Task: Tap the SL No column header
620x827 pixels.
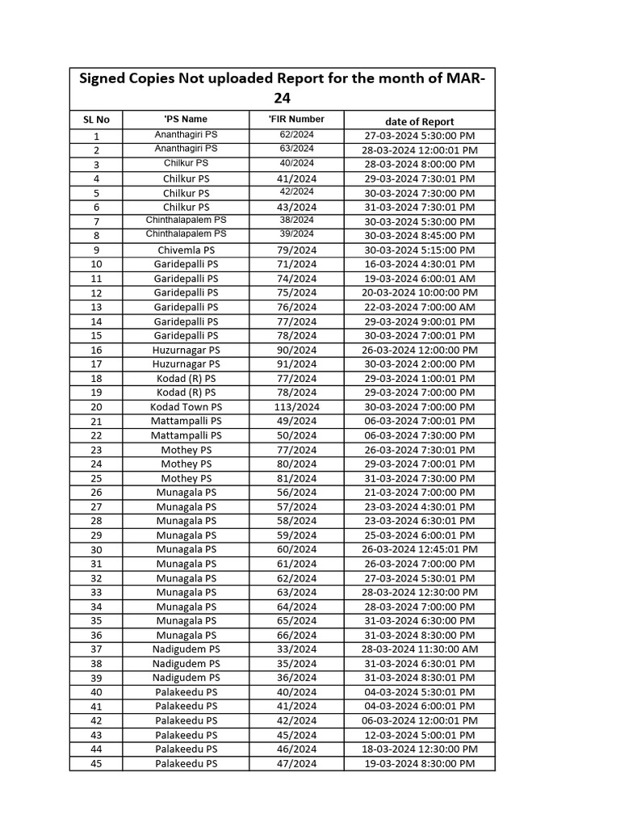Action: (96, 120)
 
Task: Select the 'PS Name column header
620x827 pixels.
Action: (186, 119)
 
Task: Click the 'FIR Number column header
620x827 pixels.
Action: (296, 119)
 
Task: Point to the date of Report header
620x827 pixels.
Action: (419, 120)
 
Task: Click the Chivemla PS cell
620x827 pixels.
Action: (186, 250)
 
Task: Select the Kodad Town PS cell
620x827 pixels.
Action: (186, 407)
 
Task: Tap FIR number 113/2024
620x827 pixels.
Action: (296, 407)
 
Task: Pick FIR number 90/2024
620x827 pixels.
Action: (296, 350)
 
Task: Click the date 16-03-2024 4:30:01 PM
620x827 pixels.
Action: (419, 264)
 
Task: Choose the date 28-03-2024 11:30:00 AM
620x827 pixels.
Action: (419, 649)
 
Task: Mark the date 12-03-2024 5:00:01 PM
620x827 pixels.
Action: (419, 735)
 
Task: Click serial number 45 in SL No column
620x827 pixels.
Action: (96, 763)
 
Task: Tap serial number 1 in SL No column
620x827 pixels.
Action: (96, 136)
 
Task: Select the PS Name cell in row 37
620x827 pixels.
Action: (186, 649)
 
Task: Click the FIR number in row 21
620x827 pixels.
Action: (296, 421)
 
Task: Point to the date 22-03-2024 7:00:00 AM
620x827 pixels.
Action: (419, 307)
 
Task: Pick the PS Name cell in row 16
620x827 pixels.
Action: (186, 350)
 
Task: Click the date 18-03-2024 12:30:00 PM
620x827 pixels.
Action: (419, 749)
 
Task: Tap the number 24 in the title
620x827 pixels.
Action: (281, 99)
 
